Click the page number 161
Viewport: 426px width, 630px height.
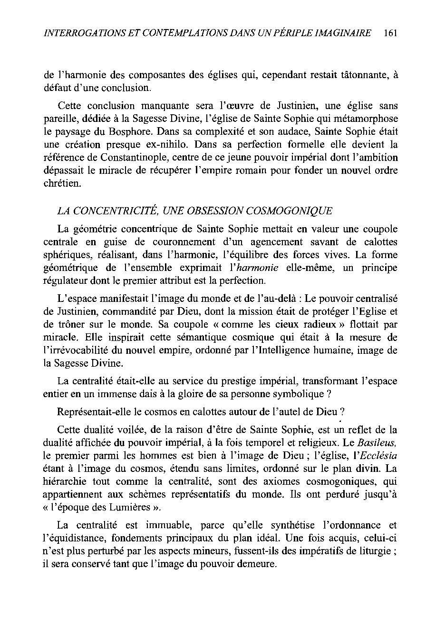tap(389, 33)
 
